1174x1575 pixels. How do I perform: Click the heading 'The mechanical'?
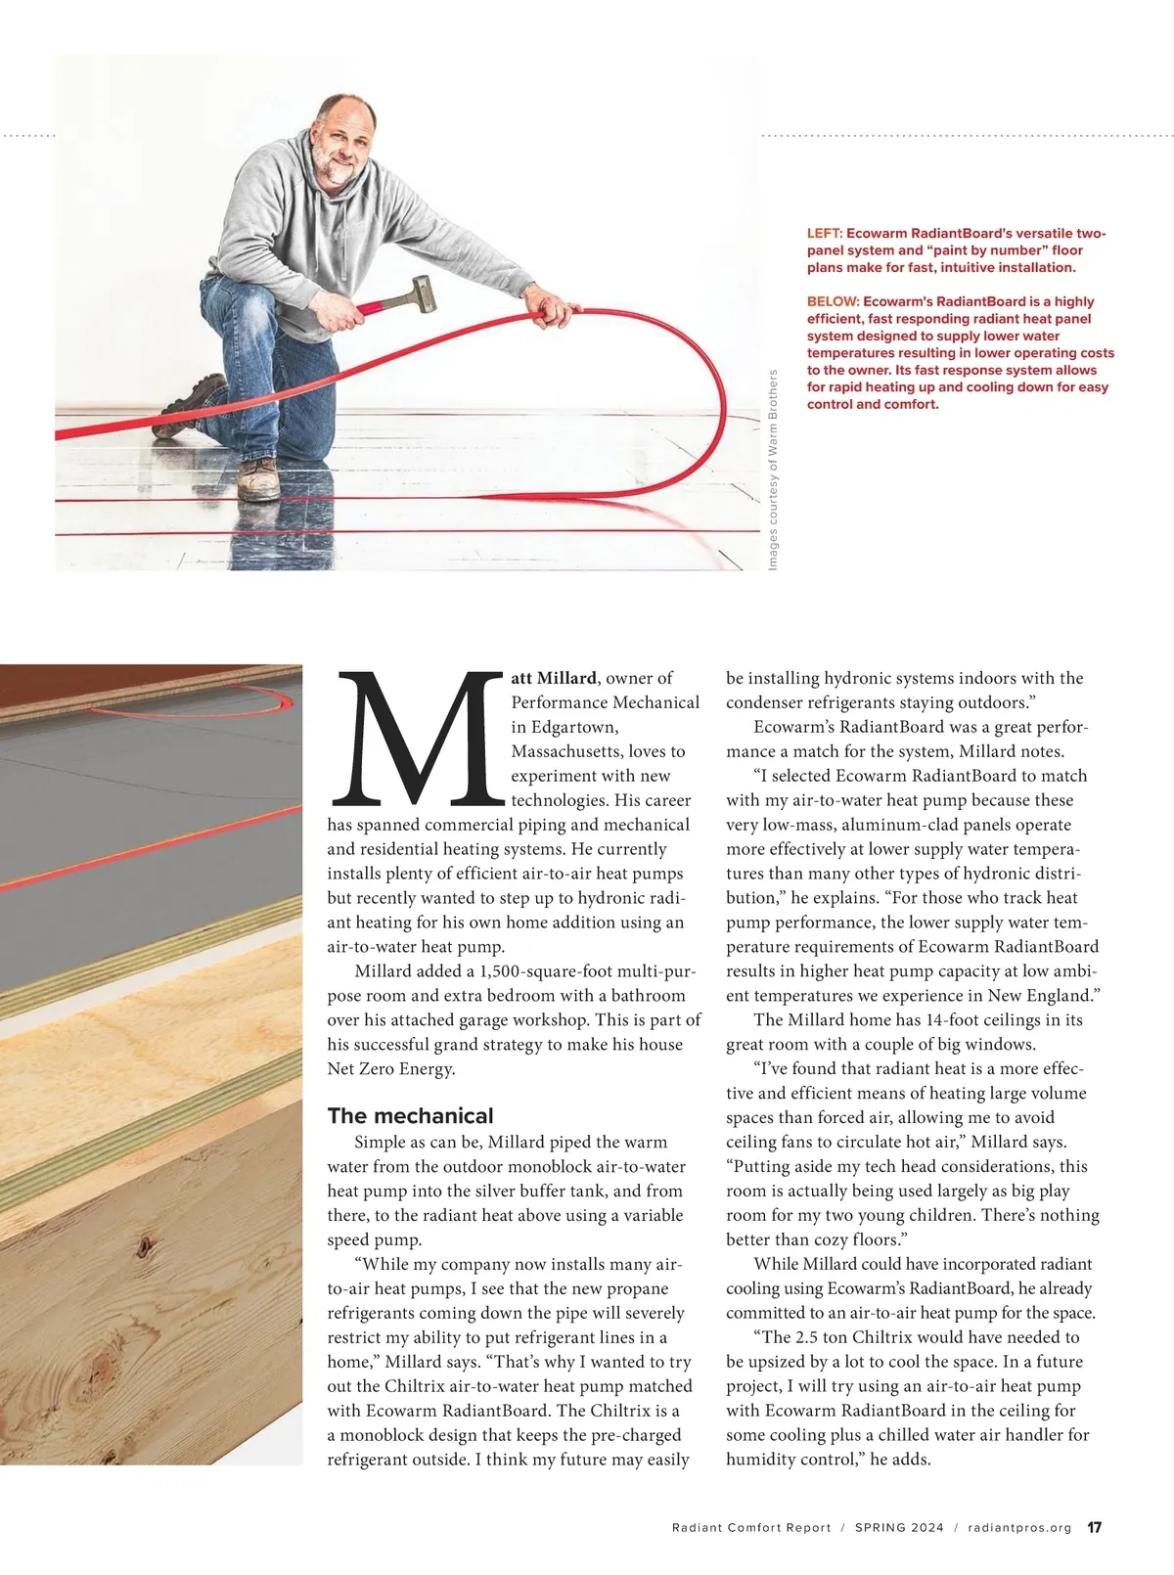pos(410,1115)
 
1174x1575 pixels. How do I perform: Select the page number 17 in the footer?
pos(1095,1527)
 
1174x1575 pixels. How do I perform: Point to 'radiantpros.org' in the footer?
pos(1019,1527)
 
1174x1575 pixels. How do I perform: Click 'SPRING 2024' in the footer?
pos(899,1527)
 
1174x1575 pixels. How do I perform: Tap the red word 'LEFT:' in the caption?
pos(824,234)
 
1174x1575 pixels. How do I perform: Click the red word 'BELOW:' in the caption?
pos(833,301)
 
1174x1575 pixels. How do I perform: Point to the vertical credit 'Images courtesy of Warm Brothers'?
pos(773,470)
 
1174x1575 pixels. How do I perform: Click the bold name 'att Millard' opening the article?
pos(554,678)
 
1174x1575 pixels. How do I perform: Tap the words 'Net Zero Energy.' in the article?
pos(391,1069)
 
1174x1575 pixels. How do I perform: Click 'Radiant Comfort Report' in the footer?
pos(751,1527)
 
